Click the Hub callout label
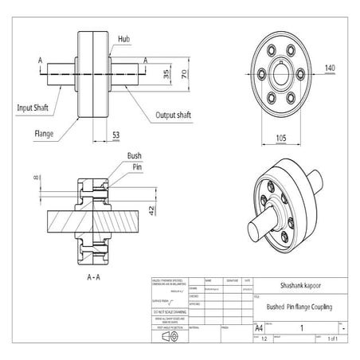coord(123,38)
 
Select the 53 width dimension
coord(116,136)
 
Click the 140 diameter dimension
coord(329,68)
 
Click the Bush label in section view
coord(134,158)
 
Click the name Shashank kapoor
coord(298,284)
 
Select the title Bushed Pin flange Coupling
coord(299,307)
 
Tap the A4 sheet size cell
coord(259,327)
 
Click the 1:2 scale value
coord(264,338)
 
